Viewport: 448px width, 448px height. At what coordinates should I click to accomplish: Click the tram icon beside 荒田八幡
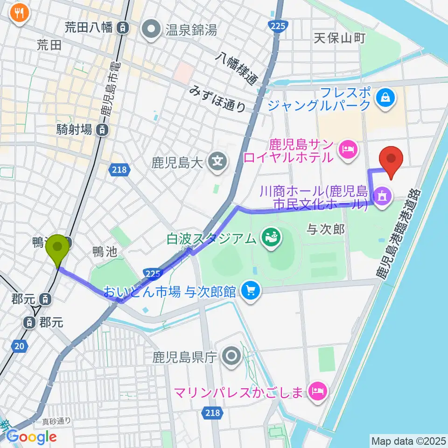pos(122,28)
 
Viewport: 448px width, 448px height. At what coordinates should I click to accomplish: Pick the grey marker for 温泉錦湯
pos(151,31)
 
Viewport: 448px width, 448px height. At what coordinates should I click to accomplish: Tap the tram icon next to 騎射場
pos(101,130)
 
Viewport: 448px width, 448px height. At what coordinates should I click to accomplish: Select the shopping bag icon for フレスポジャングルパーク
pos(387,98)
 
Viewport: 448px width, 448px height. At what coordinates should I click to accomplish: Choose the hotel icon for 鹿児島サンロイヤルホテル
pos(348,150)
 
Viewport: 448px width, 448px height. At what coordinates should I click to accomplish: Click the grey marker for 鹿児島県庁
pos(232,357)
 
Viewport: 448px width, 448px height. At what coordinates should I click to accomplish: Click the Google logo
pos(31,437)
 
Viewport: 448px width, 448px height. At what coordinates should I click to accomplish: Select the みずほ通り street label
pos(218,98)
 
